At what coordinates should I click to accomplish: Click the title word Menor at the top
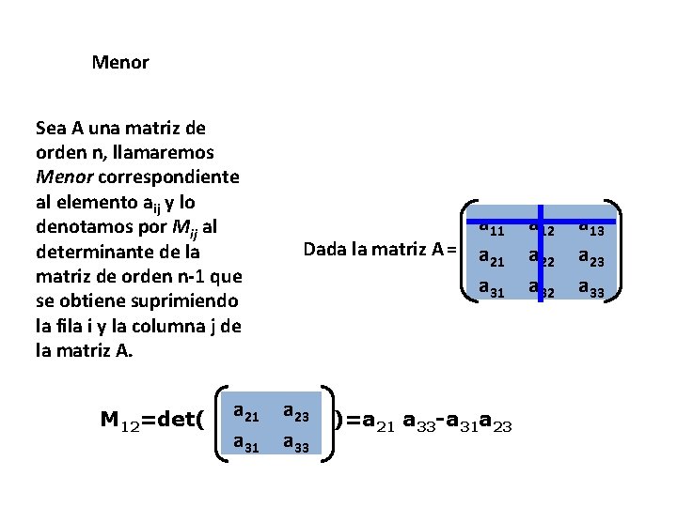click(x=120, y=63)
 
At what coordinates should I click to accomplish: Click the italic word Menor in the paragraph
click(x=60, y=177)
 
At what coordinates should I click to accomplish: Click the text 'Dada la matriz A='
click(x=379, y=250)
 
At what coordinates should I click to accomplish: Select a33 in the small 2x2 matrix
click(x=297, y=443)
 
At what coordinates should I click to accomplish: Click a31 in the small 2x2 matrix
click(x=246, y=443)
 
